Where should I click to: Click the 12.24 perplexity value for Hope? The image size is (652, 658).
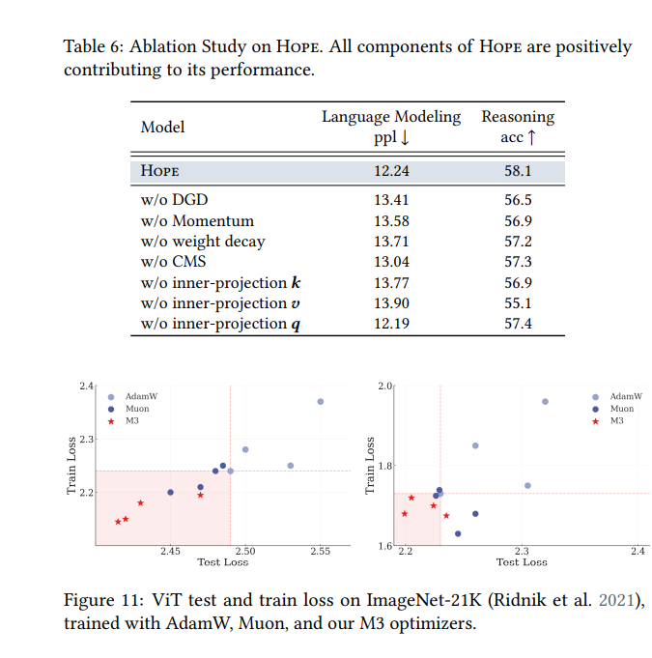click(391, 172)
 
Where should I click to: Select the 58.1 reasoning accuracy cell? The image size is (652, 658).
click(517, 172)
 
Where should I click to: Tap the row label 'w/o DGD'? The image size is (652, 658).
click(175, 201)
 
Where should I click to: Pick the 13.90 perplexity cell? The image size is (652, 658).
click(391, 303)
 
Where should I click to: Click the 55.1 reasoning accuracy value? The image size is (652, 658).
click(517, 303)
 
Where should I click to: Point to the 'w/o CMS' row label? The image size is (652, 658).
click(173, 262)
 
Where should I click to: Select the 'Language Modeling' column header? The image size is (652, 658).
click(391, 117)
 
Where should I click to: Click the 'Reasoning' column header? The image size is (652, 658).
click(518, 117)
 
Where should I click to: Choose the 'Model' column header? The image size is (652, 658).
click(163, 128)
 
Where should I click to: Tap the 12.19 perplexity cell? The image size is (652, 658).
click(391, 324)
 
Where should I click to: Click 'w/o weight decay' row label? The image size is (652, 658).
click(203, 242)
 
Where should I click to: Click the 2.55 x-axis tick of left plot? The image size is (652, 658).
click(320, 552)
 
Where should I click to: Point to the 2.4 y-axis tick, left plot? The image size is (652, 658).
click(86, 386)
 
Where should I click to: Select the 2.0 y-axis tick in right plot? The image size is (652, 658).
click(383, 386)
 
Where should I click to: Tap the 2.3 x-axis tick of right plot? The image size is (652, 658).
click(522, 552)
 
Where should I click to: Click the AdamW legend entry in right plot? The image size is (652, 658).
click(618, 397)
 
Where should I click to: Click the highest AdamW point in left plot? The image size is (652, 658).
click(321, 401)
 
